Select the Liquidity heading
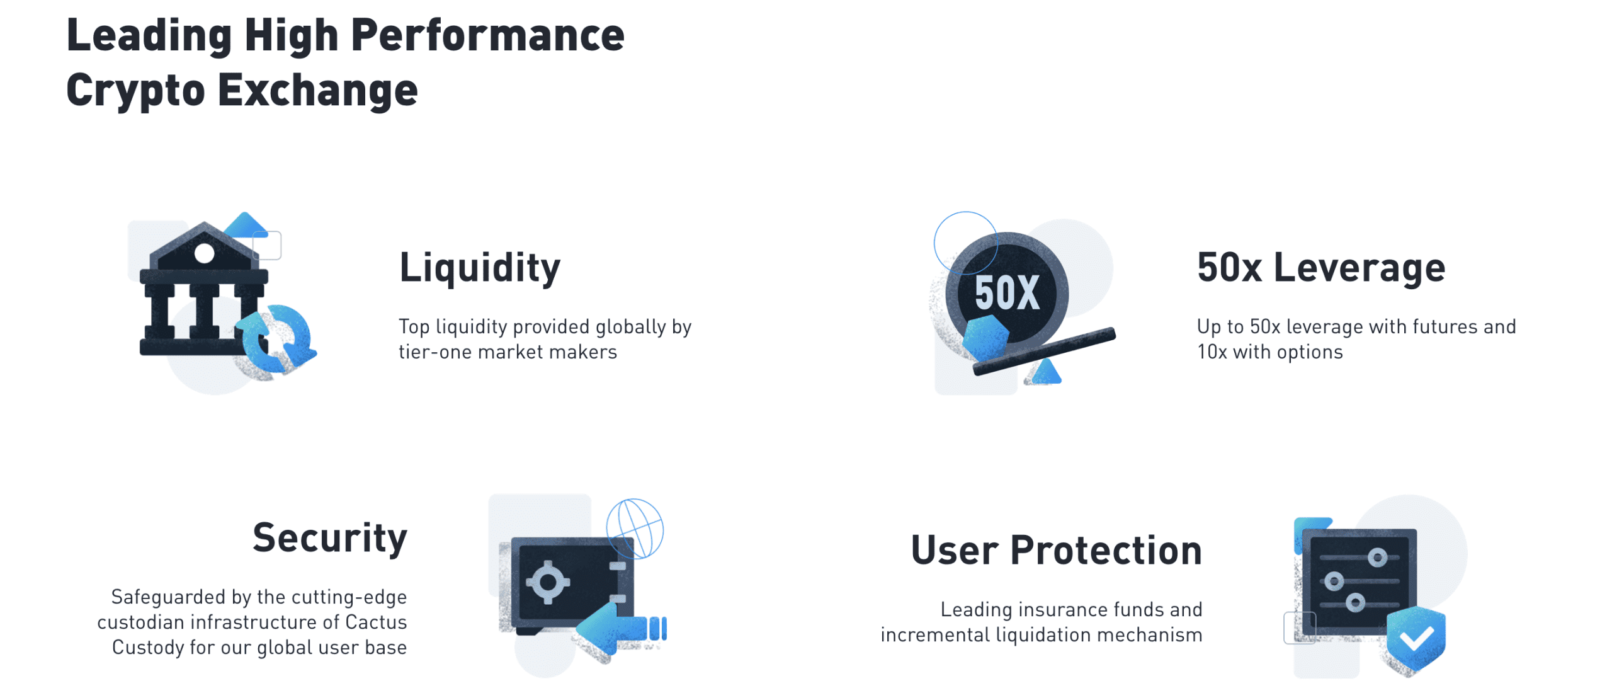click(480, 268)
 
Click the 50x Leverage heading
click(1320, 268)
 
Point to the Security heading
click(330, 539)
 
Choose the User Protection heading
click(1056, 551)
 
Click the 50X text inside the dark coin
click(1007, 293)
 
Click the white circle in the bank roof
click(204, 253)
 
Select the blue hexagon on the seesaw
click(985, 338)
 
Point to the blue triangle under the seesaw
click(1046, 372)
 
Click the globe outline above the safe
click(635, 529)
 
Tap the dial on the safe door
click(548, 582)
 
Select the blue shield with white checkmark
click(1416, 640)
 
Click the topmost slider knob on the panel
click(1377, 558)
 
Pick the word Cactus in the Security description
click(376, 622)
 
